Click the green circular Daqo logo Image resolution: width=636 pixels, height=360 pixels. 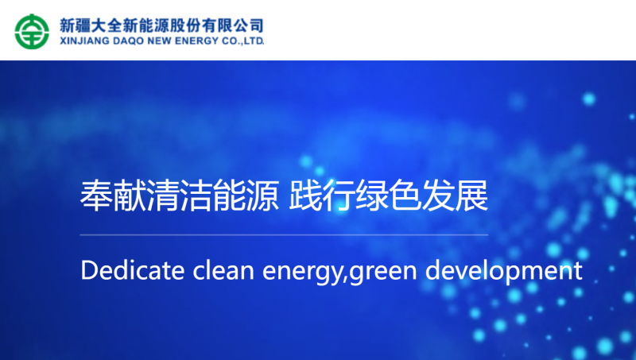tap(32, 32)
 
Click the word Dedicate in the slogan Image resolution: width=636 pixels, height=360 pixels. tap(133, 270)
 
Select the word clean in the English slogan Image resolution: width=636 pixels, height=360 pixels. tap(223, 270)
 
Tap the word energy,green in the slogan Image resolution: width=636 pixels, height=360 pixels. tap(339, 272)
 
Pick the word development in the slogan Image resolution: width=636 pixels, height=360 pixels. tap(504, 272)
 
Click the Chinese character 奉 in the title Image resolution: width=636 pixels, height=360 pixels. tap(96, 195)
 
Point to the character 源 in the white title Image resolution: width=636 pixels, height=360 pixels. tap(262, 195)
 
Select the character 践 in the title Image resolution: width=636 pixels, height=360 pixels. tap(305, 195)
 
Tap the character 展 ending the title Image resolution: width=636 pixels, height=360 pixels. tap(471, 195)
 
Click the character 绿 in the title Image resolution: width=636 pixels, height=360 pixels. tap(372, 195)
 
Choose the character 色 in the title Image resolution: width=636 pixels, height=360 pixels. tap(405, 195)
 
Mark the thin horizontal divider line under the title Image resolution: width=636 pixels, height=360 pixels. tap(284, 234)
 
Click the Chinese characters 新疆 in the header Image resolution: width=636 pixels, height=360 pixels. tap(75, 25)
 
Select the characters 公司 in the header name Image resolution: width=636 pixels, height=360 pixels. tap(249, 25)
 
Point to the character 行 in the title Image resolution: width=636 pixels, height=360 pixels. tap(339, 195)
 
